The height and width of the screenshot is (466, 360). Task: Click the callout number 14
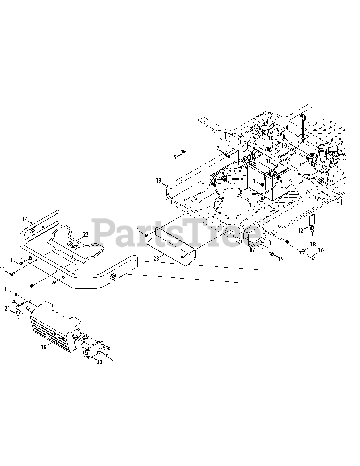coord(25,219)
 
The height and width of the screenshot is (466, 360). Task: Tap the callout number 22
coord(86,234)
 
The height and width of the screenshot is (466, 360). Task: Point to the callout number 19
coord(44,347)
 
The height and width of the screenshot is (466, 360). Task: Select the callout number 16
coord(321,250)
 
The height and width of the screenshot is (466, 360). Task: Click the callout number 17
coord(252,250)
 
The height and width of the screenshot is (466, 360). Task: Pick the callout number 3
coord(300,164)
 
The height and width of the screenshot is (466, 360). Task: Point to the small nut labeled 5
coord(184,151)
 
